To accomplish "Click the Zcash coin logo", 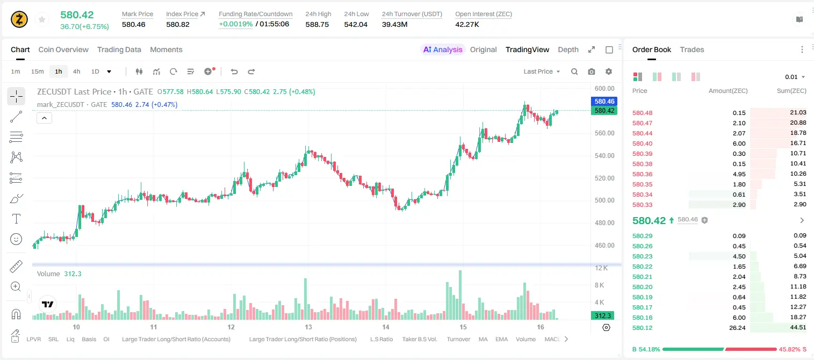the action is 19,19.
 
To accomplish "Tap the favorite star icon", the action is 42,20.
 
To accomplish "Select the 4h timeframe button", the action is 76,71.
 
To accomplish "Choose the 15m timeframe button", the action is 37,71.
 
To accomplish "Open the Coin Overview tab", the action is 63,49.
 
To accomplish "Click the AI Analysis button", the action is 443,49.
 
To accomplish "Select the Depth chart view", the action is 568,49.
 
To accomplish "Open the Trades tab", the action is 692,49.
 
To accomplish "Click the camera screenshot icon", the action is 592,71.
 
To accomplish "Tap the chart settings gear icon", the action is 609,71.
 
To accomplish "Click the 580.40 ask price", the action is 642,143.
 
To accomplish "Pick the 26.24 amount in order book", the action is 737,328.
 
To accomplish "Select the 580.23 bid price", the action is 642,256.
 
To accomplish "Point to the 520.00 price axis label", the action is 604,178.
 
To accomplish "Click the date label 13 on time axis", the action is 308,327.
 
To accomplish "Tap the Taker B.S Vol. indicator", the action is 419,339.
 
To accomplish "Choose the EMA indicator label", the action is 501,339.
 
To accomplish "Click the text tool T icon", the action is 16,219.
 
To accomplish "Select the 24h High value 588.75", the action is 317,24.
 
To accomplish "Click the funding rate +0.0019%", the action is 235,24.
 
